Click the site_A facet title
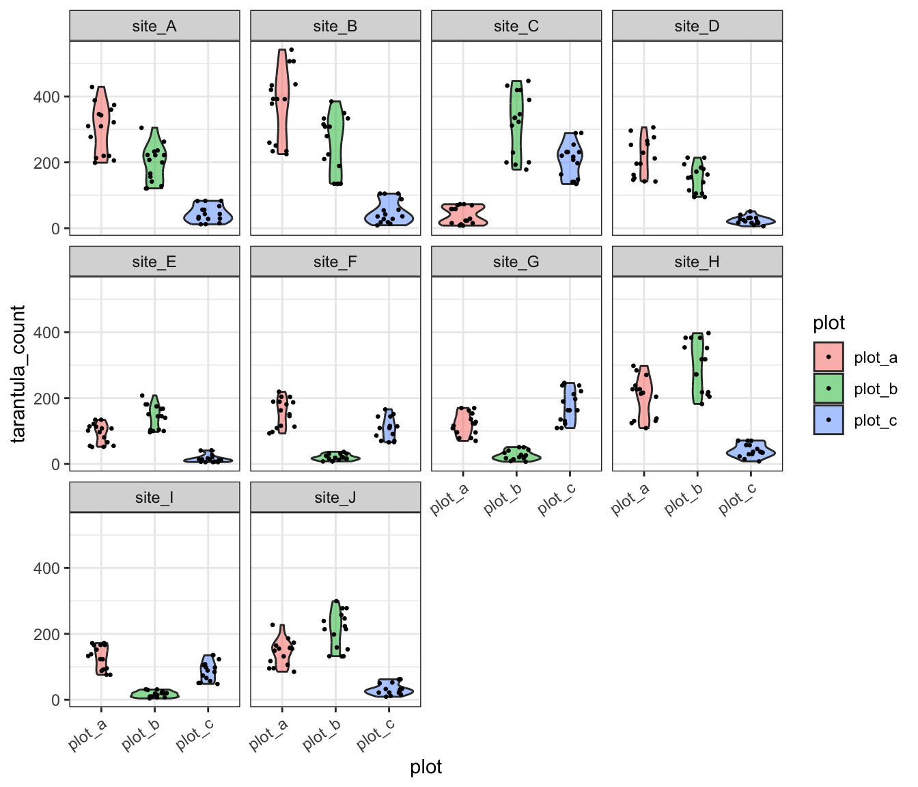[154, 26]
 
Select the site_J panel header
[335, 497]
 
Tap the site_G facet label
[516, 262]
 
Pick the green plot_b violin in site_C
[516, 123]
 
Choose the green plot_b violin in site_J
[335, 629]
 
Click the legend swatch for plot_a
[829, 357]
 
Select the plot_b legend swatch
[829, 388]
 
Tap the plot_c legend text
[875, 420]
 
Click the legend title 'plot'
[829, 322]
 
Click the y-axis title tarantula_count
[18, 374]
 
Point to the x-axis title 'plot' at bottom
[426, 767]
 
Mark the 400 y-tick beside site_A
[46, 97]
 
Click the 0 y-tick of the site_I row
[55, 700]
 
